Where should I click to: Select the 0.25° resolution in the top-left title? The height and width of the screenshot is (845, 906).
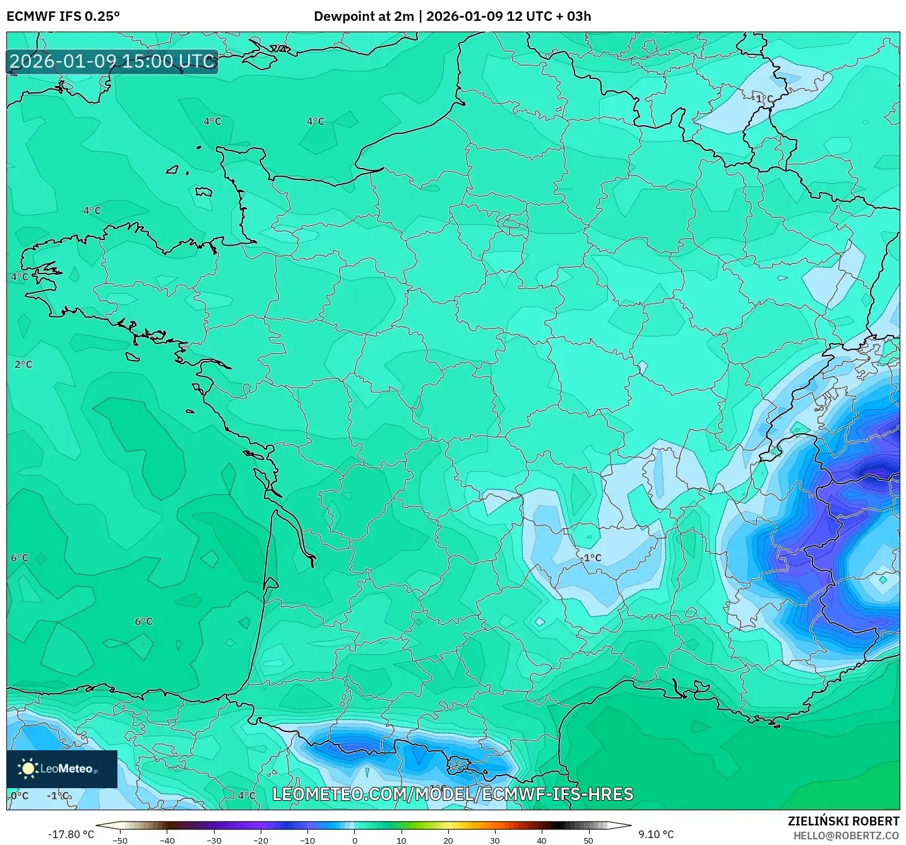[x=102, y=16]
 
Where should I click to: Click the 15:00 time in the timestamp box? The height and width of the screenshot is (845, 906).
[x=148, y=61]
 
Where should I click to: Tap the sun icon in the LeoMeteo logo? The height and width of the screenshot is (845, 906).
[x=28, y=769]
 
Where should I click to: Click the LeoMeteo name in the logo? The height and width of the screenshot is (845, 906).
[x=67, y=769]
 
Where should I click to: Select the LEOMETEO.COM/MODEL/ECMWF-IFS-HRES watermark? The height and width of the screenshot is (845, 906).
[x=453, y=794]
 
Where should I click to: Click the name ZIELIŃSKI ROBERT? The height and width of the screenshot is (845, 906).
[x=843, y=821]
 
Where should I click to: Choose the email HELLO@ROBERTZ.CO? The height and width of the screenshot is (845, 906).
[x=846, y=836]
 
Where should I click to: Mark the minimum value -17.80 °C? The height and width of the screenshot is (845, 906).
[x=71, y=834]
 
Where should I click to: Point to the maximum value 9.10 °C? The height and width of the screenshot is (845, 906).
[x=656, y=834]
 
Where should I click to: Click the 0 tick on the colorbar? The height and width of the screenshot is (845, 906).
[x=354, y=840]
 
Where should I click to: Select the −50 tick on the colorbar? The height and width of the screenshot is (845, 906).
[x=119, y=840]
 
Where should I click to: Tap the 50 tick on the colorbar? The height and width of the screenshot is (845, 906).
[x=588, y=840]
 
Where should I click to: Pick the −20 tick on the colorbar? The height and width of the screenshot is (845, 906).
[x=260, y=840]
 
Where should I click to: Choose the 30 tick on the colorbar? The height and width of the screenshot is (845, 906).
[x=494, y=840]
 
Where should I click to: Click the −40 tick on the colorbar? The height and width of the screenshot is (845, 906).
[x=167, y=840]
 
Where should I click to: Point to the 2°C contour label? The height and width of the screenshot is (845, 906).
[x=23, y=364]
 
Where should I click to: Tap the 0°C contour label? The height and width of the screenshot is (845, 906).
[x=20, y=796]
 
